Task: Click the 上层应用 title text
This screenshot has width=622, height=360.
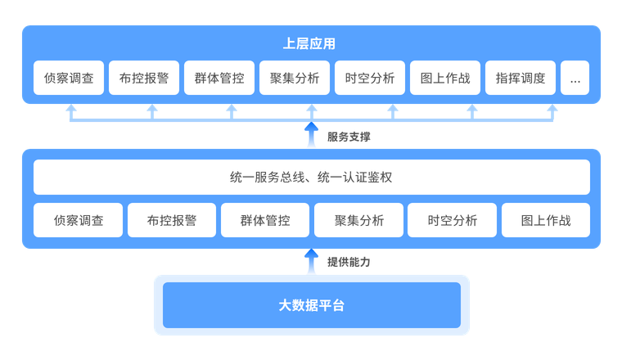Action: coord(311,44)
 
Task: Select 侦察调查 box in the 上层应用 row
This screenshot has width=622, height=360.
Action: coord(69,79)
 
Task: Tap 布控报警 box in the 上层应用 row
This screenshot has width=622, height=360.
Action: coord(144,79)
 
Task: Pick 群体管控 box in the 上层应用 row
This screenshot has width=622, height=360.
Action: coord(219,79)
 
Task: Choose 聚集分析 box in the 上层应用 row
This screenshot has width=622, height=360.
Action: coord(295,79)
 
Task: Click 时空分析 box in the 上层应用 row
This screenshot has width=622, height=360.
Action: coord(370,79)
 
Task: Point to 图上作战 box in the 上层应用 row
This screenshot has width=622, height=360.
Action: coord(445,79)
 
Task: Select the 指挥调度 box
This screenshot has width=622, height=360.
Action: coord(521,79)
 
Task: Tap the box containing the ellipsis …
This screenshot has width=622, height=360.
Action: coord(575,79)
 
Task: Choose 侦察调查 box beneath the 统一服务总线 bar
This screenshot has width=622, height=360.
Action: coord(79,220)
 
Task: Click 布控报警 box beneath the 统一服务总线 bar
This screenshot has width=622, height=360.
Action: coord(172,220)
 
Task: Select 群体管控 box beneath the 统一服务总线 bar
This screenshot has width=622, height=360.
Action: coord(265,220)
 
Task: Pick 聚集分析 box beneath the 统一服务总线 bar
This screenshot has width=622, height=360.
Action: coord(358,220)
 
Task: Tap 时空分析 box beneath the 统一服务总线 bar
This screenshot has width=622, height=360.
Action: coord(452,220)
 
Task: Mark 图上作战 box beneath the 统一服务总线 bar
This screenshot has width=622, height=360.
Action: coord(546,220)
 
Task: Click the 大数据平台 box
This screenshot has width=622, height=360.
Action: coord(311,305)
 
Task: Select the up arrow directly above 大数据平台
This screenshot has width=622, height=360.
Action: coord(311,262)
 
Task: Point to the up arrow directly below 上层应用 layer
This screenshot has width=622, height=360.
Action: coord(311,134)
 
